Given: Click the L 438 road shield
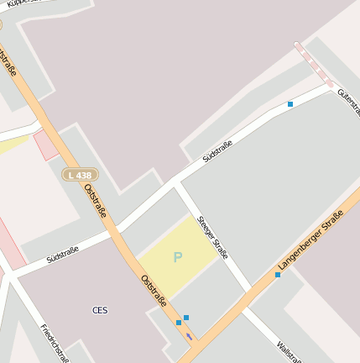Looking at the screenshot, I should [80, 174].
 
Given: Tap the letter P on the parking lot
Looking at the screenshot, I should [177, 257].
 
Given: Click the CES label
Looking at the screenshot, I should [100, 310].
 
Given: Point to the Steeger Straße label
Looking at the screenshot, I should [212, 237].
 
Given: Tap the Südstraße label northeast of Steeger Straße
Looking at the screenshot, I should [217, 150].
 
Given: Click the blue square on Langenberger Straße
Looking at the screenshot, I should [278, 275].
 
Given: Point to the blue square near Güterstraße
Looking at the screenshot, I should [290, 104].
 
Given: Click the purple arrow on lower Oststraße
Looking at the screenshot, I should [189, 336].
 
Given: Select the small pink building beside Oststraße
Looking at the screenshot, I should [45, 145].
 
